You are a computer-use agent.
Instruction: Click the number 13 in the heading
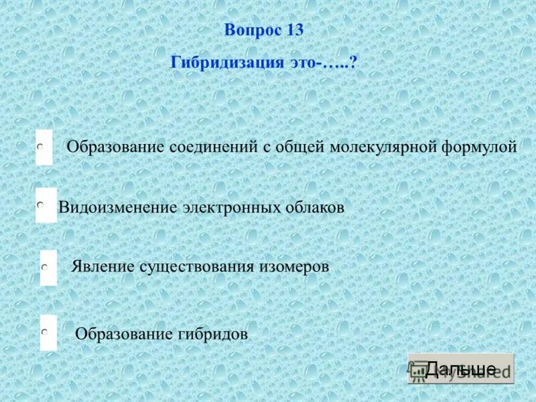(x=294, y=30)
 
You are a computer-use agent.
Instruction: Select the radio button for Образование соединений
(x=41, y=145)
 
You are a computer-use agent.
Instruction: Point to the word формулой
(x=479, y=147)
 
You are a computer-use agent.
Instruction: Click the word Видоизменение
(x=118, y=208)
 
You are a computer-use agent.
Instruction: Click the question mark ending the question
(x=352, y=62)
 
